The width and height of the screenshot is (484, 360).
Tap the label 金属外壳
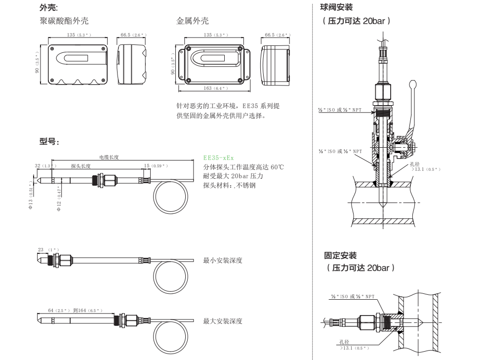click(x=192, y=22)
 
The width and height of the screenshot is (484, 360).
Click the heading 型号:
click(x=49, y=142)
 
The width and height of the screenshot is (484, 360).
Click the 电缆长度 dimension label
click(x=110, y=157)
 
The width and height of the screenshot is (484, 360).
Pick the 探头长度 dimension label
click(x=81, y=166)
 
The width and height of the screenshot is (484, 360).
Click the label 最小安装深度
click(x=223, y=260)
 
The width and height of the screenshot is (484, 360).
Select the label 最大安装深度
click(x=223, y=321)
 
